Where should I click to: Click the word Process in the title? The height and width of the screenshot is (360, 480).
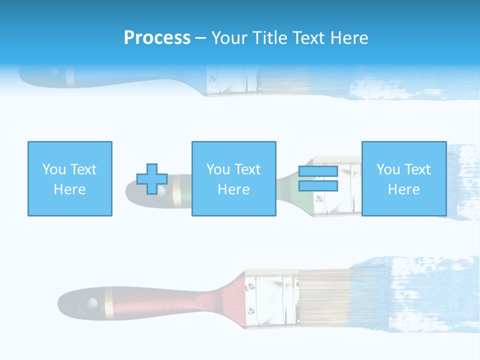[x=157, y=38]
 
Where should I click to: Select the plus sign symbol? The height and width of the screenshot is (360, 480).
[x=152, y=179]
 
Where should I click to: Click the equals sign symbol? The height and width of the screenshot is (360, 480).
[x=318, y=179]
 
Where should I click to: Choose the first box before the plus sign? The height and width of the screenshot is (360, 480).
[x=70, y=179]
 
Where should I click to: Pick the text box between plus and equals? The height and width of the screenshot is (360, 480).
[x=234, y=179]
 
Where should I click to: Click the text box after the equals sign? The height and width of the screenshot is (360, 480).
[x=404, y=179]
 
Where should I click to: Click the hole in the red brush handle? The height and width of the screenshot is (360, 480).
[x=91, y=303]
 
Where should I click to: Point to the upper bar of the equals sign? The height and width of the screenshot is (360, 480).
[x=318, y=171]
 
